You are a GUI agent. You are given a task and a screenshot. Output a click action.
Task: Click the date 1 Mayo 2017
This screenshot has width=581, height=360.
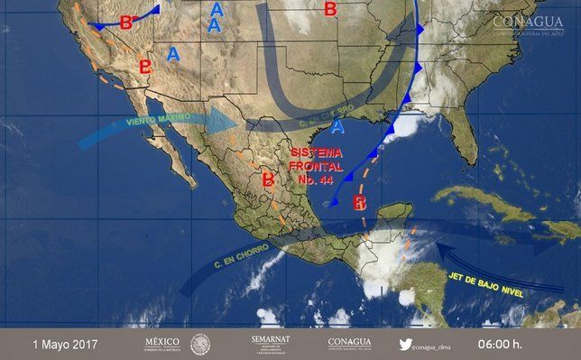coord(65,344)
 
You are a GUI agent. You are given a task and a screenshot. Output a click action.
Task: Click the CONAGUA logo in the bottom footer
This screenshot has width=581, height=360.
coord(350,343)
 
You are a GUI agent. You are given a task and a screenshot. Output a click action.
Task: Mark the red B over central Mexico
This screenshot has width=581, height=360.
coord(267,180)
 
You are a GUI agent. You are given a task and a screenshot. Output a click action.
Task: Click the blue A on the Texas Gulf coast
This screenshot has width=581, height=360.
coord(338,125)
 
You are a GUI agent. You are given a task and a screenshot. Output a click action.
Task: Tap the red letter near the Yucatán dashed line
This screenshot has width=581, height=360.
coord(360,201)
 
